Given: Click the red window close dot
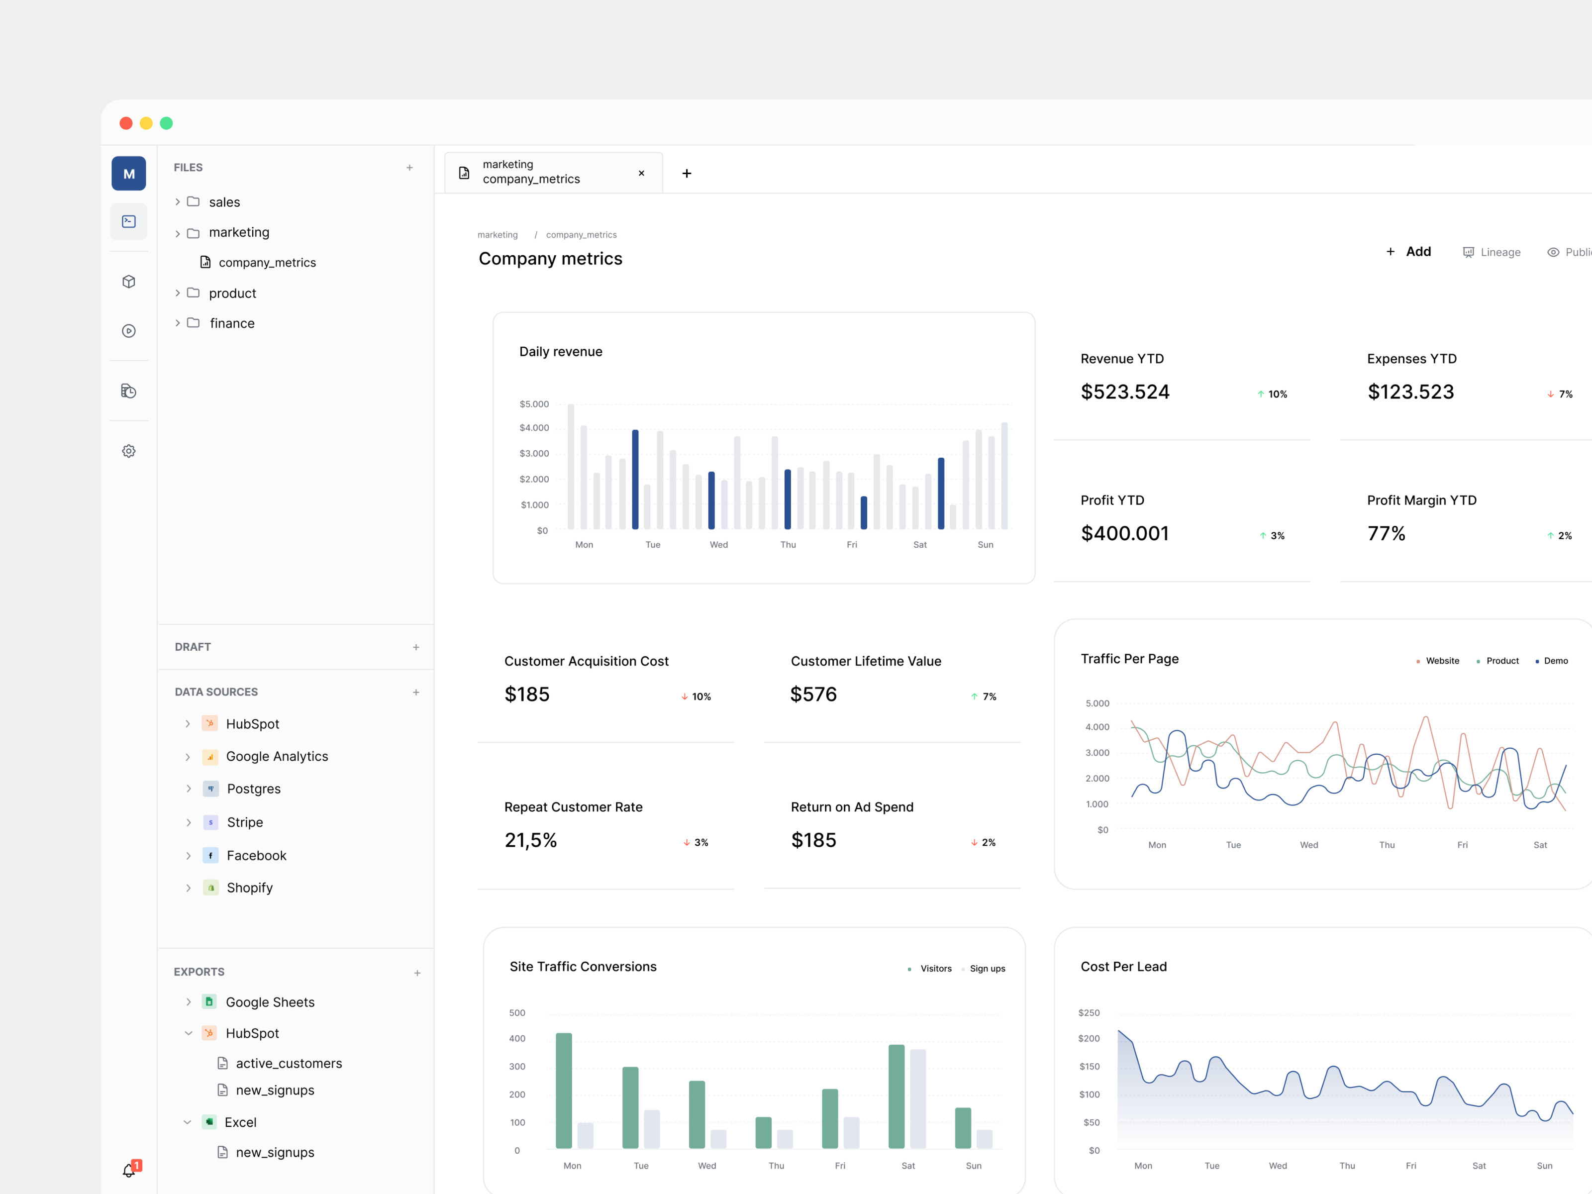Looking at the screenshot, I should click(x=126, y=123).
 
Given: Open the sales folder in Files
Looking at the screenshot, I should click(x=224, y=202).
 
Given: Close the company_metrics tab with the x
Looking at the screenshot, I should click(x=641, y=174).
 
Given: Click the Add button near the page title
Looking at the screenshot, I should click(x=1409, y=252).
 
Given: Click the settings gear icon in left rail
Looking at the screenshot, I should click(x=129, y=451).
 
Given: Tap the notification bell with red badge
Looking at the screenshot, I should click(x=129, y=1170).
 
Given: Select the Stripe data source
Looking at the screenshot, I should click(x=245, y=822).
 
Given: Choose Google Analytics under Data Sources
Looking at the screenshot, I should click(x=277, y=756).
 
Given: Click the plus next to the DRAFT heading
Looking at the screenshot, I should click(x=416, y=647).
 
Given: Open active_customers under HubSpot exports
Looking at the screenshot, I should click(x=289, y=1063).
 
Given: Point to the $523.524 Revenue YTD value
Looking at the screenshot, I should click(x=1125, y=392).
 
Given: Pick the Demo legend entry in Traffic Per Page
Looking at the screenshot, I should click(x=1555, y=661).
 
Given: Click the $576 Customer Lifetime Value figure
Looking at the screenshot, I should click(x=813, y=695).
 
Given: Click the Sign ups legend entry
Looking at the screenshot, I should click(x=987, y=969).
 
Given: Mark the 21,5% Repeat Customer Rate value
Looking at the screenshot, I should click(x=530, y=841).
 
